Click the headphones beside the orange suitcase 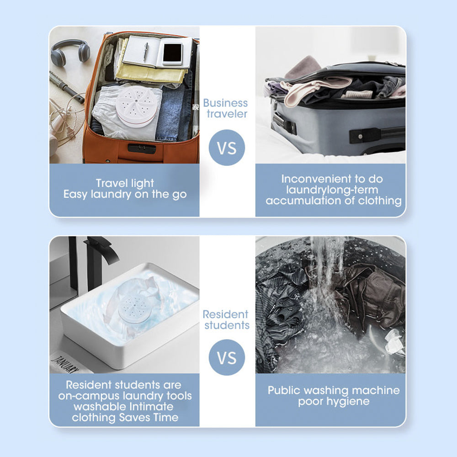(70, 52)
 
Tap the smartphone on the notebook (172, 54)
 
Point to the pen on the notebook (145, 52)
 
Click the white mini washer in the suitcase (137, 106)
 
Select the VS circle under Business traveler (227, 148)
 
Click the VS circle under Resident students (227, 357)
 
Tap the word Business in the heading (225, 103)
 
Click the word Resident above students (225, 314)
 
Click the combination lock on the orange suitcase (142, 148)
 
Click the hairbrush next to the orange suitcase (66, 86)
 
